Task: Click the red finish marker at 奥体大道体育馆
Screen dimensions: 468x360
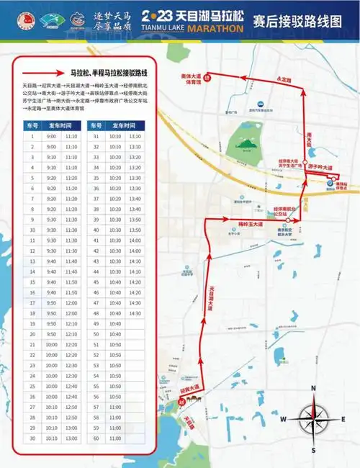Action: click(x=207, y=78)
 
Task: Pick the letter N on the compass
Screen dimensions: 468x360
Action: click(x=312, y=389)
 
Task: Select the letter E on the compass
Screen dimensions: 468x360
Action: click(x=342, y=420)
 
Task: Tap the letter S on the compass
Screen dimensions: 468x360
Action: click(x=312, y=449)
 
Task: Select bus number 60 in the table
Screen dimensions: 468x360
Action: click(x=96, y=438)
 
